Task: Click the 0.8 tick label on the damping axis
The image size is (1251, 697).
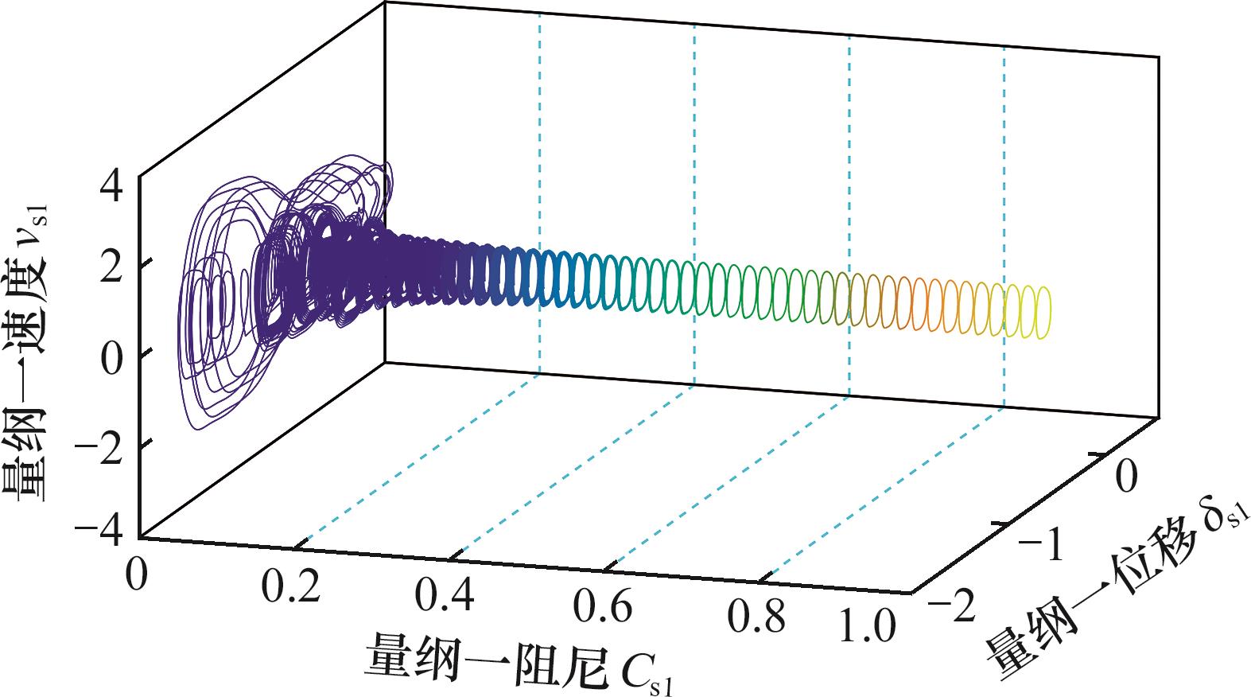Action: tap(756, 617)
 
